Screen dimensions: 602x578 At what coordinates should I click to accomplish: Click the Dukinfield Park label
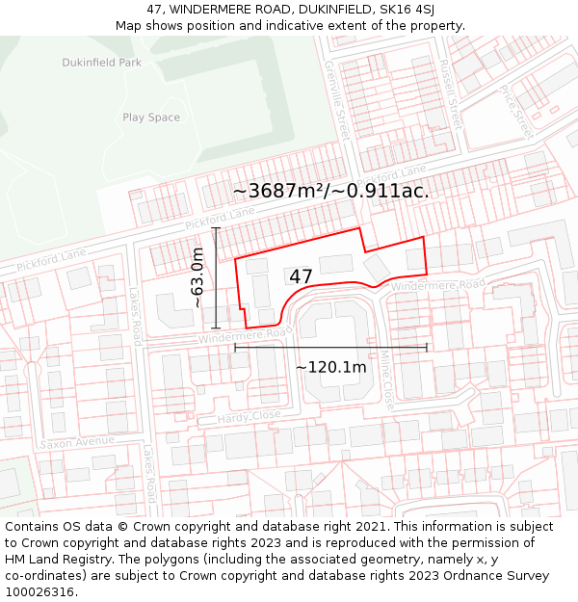tap(101, 63)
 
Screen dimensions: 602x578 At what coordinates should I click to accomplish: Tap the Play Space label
tap(151, 118)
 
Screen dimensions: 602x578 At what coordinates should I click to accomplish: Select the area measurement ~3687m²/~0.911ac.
tap(330, 191)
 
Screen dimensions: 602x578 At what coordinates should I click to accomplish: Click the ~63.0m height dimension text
tap(197, 277)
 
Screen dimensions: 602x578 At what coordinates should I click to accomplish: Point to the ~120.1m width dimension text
tap(330, 367)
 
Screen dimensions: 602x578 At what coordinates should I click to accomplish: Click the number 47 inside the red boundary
tap(301, 276)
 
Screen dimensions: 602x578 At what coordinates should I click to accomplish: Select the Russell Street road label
tap(449, 94)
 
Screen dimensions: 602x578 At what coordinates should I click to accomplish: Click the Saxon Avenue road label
tap(77, 442)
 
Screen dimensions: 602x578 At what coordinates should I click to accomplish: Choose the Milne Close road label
tap(386, 380)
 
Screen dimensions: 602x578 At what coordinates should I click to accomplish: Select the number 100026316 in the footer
tap(41, 591)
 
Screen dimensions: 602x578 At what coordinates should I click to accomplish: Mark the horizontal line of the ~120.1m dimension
tap(330, 347)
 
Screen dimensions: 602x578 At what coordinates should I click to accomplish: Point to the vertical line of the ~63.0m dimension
tap(216, 277)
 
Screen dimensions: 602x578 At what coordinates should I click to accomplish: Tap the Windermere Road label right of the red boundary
tap(438, 286)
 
